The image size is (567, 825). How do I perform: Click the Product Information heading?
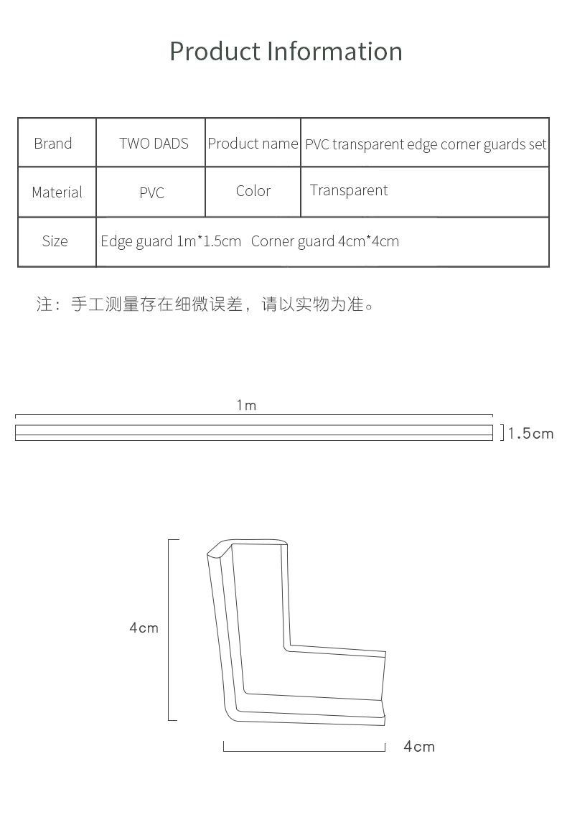click(286, 52)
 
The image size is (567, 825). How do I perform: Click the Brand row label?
click(53, 144)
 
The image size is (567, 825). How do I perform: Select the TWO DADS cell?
click(154, 144)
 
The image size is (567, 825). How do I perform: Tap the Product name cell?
click(253, 144)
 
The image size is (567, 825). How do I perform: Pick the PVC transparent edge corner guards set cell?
click(426, 144)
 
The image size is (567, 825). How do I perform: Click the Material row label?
click(57, 192)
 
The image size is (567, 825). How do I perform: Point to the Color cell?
click(253, 191)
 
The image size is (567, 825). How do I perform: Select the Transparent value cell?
click(349, 191)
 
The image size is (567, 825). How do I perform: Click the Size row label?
click(55, 241)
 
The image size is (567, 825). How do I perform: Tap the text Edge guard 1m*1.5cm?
click(171, 241)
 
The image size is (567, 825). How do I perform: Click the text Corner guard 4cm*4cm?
click(325, 241)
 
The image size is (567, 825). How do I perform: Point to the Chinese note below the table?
click(205, 304)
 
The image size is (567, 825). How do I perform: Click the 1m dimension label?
click(246, 406)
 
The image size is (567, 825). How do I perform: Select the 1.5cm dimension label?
click(531, 434)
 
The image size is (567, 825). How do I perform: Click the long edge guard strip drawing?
click(254, 433)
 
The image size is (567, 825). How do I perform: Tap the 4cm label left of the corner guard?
click(144, 628)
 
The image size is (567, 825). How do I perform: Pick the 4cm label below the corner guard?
click(419, 747)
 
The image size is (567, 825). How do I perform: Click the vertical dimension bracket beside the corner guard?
click(170, 629)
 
